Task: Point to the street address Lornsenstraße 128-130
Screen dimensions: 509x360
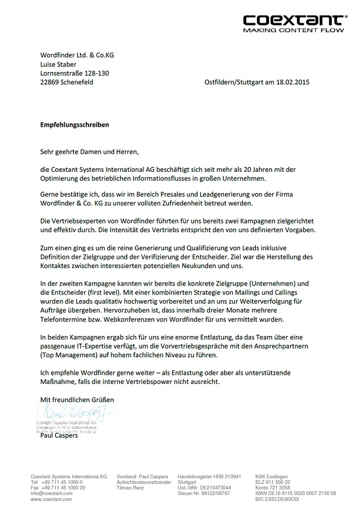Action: click(x=75, y=73)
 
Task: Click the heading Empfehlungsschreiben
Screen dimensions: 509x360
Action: click(x=75, y=124)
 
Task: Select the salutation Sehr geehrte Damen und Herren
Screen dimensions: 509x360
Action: click(x=89, y=152)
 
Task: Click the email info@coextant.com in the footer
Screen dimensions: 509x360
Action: click(x=52, y=493)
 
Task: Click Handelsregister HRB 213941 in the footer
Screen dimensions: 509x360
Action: click(x=209, y=476)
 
